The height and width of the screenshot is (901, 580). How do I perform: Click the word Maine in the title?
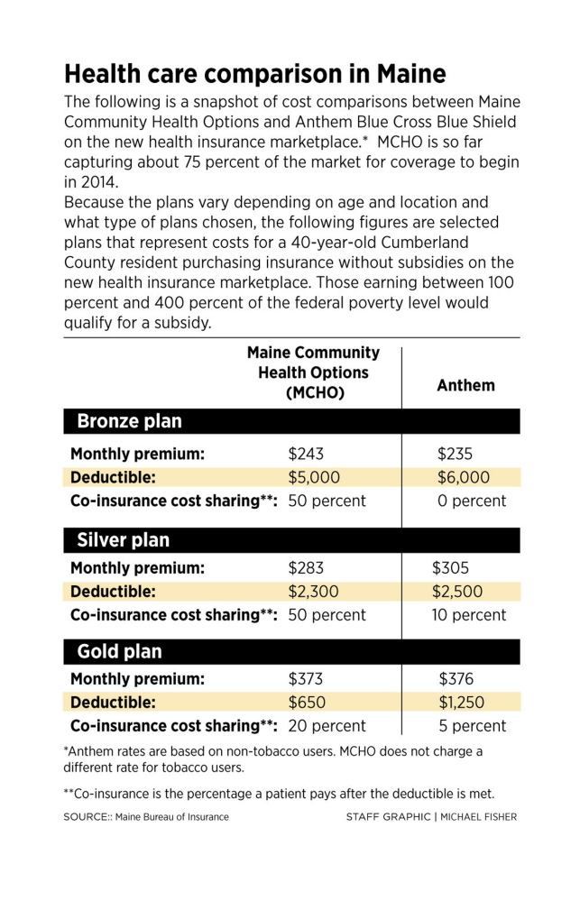pos(403,73)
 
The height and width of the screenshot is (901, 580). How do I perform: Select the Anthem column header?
pos(465,385)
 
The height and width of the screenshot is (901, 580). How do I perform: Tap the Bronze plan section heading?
pos(129,421)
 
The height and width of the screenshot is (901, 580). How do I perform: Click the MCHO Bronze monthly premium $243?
pos(306,454)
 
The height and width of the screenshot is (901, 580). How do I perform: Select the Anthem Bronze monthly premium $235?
pos(456,454)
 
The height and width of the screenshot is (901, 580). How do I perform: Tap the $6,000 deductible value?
pos(464,477)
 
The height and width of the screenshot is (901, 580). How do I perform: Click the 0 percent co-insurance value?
pos(472,501)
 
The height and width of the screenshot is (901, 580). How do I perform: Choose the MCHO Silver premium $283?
pos(306,568)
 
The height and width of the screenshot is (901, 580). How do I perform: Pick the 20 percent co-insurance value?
pos(327,725)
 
